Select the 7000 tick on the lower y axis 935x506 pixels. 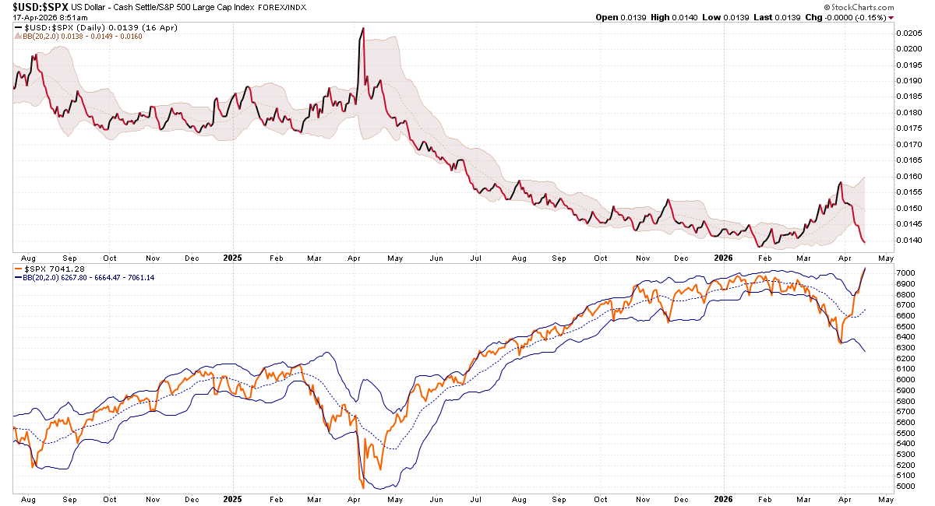(x=905, y=272)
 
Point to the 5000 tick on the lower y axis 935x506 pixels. (x=905, y=487)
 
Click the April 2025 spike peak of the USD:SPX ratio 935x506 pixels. (x=363, y=29)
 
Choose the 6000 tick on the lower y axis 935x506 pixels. (x=905, y=379)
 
